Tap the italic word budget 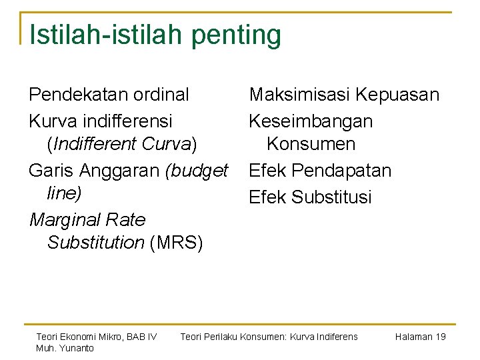pyautogui.click(x=199, y=171)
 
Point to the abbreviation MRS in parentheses pyautogui.click(x=177, y=242)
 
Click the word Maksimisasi pyautogui.click(x=299, y=95)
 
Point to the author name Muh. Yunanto pyautogui.click(x=65, y=348)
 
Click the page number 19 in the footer pyautogui.click(x=440, y=337)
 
